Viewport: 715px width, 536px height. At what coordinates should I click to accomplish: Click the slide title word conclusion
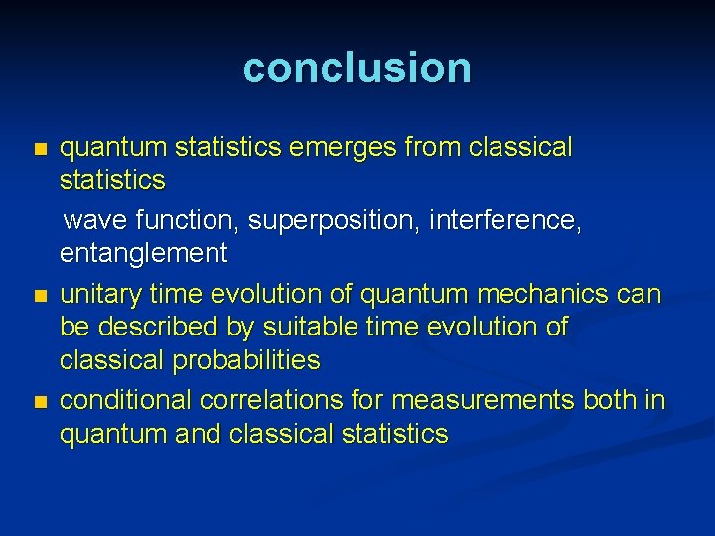coord(357,67)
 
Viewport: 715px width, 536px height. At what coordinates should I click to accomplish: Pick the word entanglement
coord(144,254)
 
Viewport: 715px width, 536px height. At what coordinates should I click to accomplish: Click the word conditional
coord(126,400)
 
